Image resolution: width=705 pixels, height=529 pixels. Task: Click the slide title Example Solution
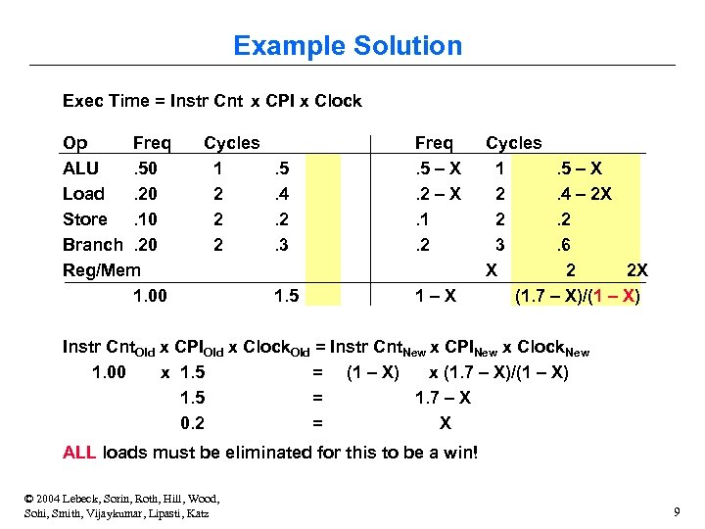tap(348, 46)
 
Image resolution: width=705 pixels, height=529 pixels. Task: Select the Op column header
tap(74, 143)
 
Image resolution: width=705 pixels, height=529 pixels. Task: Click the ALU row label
tap(80, 168)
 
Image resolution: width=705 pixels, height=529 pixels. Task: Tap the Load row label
tap(83, 194)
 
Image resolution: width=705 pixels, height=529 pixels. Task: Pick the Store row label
tap(85, 219)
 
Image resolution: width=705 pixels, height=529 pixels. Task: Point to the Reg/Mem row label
tap(102, 270)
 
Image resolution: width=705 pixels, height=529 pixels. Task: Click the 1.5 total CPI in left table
tap(286, 296)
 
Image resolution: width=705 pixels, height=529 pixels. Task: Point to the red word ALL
tap(79, 453)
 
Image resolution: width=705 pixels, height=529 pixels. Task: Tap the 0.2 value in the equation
tap(192, 423)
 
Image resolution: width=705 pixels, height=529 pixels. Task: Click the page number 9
tap(677, 512)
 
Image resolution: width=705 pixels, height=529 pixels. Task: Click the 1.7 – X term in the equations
tap(443, 398)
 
